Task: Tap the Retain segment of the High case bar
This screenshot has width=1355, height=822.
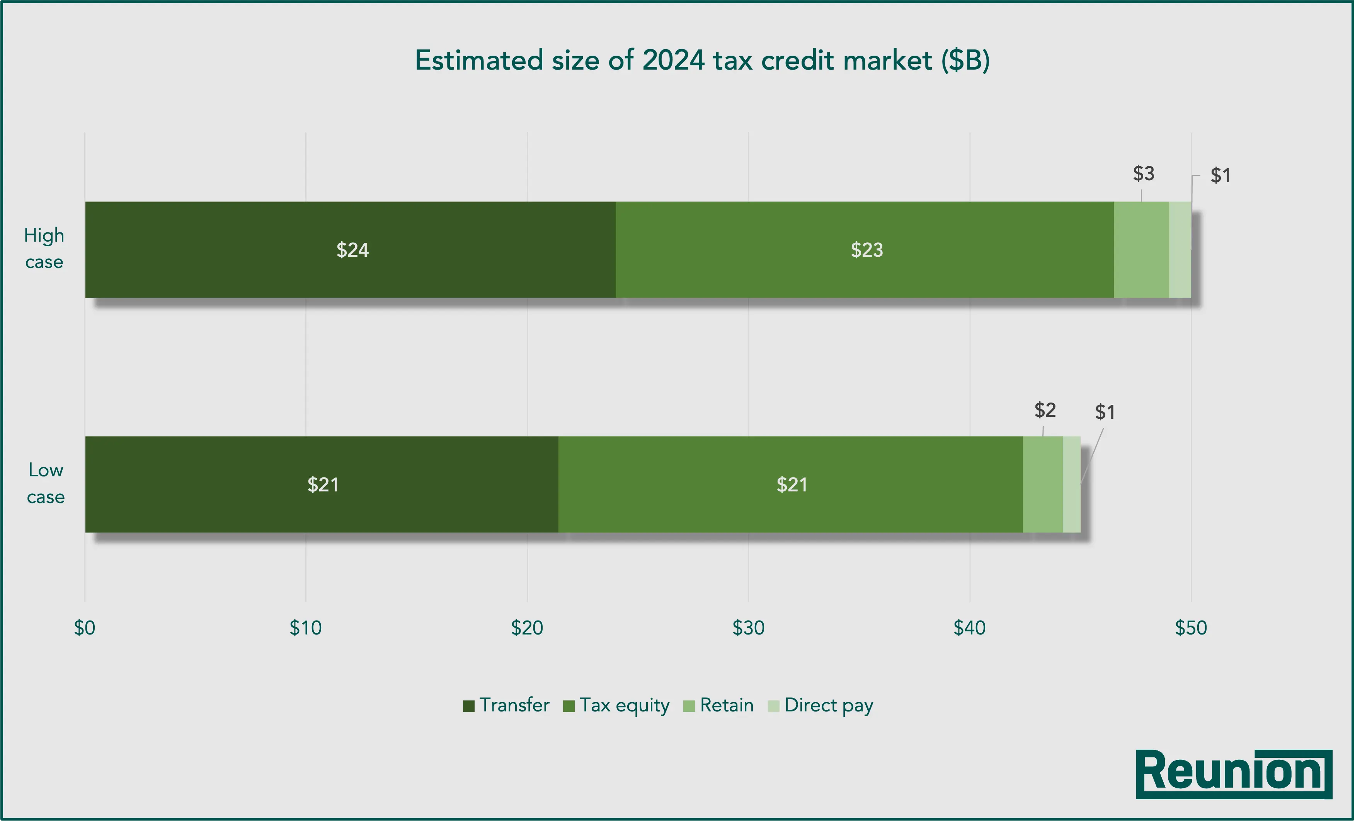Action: [x=1141, y=250]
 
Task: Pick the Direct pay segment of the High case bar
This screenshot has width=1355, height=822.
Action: [x=1180, y=250]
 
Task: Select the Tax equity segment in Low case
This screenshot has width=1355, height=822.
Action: [x=791, y=484]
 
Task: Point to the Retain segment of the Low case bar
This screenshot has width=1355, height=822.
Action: [x=1043, y=484]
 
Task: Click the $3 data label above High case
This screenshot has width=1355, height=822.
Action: [x=1143, y=173]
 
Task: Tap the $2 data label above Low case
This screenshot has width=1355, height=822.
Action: [x=1045, y=410]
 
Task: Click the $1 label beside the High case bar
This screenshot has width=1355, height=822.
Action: [x=1220, y=176]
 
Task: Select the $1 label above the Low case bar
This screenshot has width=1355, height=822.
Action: [x=1105, y=412]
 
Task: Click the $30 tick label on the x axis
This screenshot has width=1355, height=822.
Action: [x=748, y=628]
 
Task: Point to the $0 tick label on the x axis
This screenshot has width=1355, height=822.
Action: [x=85, y=628]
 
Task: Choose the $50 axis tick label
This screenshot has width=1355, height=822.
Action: [x=1191, y=628]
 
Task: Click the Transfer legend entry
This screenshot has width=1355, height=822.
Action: [x=506, y=705]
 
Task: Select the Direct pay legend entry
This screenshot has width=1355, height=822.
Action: [x=821, y=705]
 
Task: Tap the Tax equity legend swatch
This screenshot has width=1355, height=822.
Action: [x=569, y=706]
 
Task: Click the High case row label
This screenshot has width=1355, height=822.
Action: [x=44, y=248]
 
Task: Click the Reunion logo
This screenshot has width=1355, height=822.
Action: [x=1234, y=774]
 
